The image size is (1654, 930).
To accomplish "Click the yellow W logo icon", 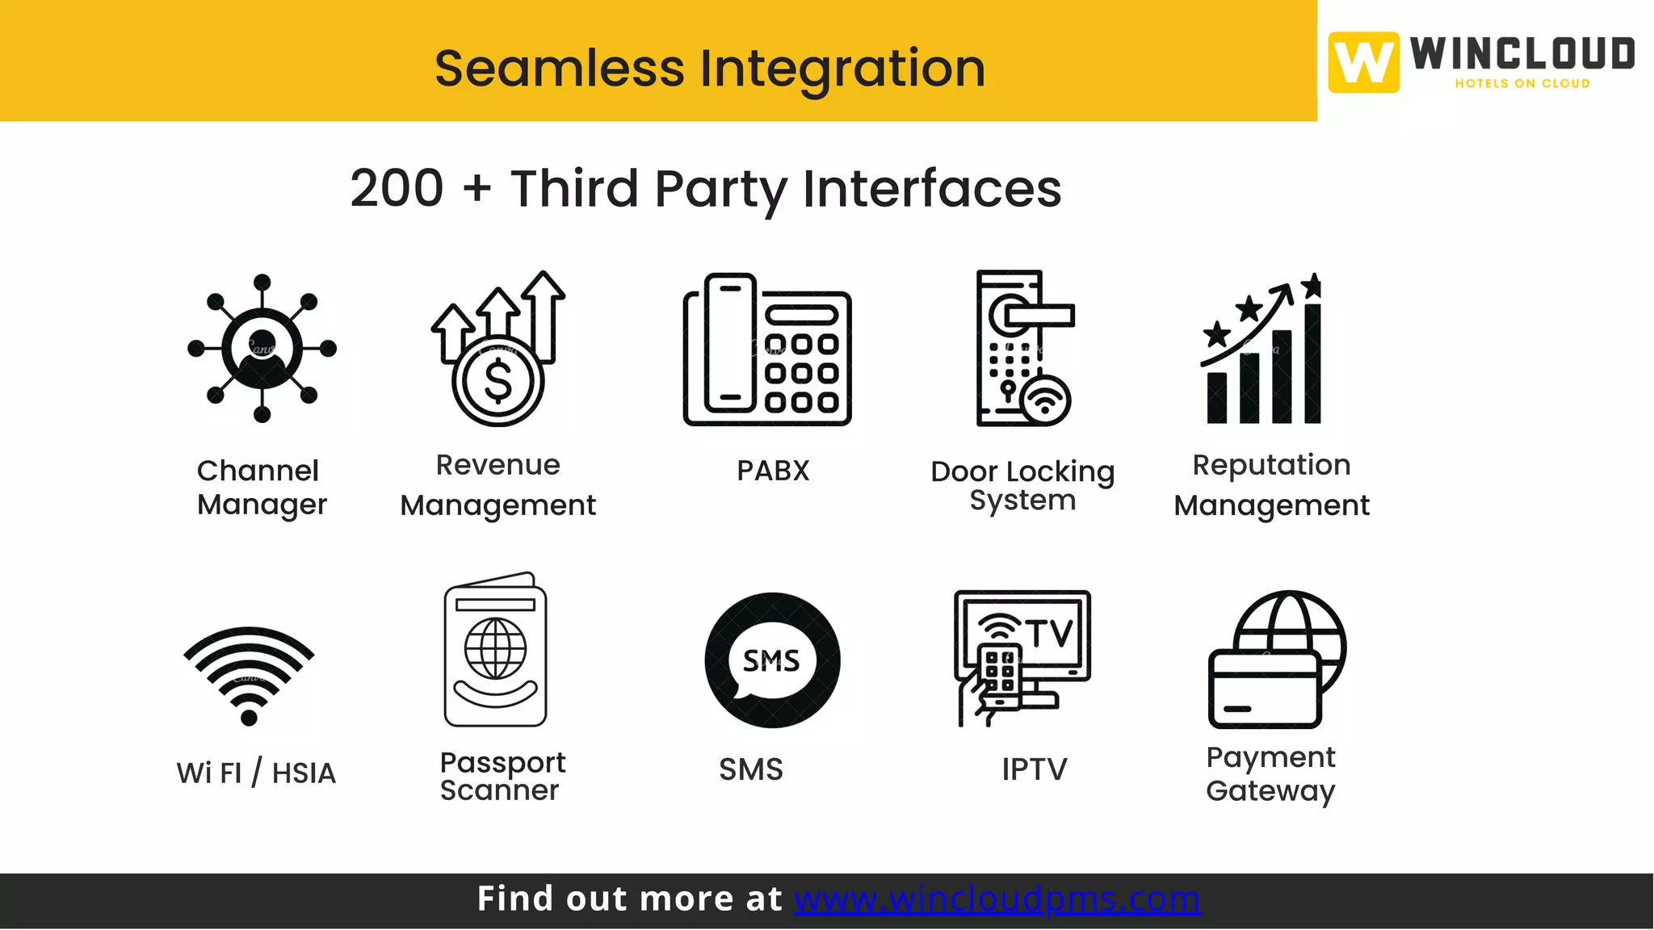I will [1363, 62].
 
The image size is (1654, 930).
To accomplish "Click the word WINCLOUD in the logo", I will [1522, 54].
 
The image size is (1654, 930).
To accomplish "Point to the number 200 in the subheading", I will [397, 188].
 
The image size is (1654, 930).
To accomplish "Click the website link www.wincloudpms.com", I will [997, 899].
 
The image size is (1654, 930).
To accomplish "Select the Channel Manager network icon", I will [262, 348].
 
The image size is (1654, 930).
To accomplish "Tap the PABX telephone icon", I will [767, 350].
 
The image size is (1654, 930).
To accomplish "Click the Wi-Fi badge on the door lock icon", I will [1046, 400].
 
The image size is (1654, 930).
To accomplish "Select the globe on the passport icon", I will [495, 648].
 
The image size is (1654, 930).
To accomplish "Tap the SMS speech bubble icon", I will [772, 660].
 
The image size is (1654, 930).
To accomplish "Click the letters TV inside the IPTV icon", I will [1050, 633].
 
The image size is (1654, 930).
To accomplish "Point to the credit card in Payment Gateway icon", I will [1264, 689].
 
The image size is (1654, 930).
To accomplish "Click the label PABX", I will [773, 471].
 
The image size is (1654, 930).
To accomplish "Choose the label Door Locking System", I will [1022, 485].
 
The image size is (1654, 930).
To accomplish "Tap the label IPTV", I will [1034, 769].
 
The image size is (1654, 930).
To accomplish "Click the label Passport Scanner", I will [502, 776].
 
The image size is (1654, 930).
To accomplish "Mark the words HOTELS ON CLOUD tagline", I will [1522, 83].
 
